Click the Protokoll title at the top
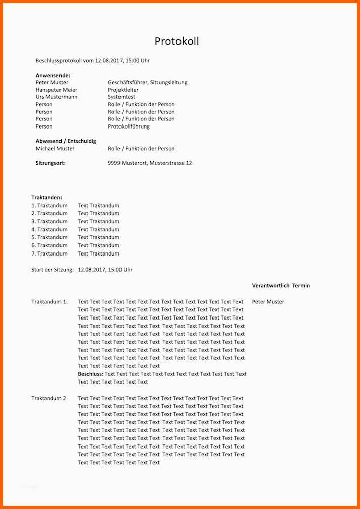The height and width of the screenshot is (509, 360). pyautogui.click(x=176, y=41)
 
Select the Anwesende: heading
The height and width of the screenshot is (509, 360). pyautogui.click(x=53, y=75)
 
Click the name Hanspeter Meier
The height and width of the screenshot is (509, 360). pyautogui.click(x=56, y=90)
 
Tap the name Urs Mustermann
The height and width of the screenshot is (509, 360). pyautogui.click(x=56, y=97)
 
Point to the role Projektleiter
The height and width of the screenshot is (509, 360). pyautogui.click(x=123, y=90)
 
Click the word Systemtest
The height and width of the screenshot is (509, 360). pyautogui.click(x=122, y=97)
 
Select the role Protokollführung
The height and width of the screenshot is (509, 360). pyautogui.click(x=129, y=126)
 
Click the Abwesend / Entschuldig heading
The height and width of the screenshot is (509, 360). pyautogui.click(x=66, y=141)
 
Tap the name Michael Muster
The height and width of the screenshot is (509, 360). pyautogui.click(x=55, y=149)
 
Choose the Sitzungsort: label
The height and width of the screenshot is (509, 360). pyautogui.click(x=50, y=163)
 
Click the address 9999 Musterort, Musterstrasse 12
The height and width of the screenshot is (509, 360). pyautogui.click(x=150, y=163)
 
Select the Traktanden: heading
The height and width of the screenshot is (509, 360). pyautogui.click(x=47, y=198)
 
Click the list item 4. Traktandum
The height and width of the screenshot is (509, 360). pyautogui.click(x=49, y=229)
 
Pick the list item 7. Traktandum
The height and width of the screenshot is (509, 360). pyautogui.click(x=49, y=253)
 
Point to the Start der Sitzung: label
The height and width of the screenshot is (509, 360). pyautogui.click(x=52, y=270)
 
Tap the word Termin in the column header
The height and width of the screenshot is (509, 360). pyautogui.click(x=301, y=286)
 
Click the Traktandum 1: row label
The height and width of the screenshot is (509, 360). pyautogui.click(x=49, y=302)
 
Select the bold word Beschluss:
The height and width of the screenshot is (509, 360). pyautogui.click(x=90, y=374)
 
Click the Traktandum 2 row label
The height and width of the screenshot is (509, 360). pyautogui.click(x=49, y=398)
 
